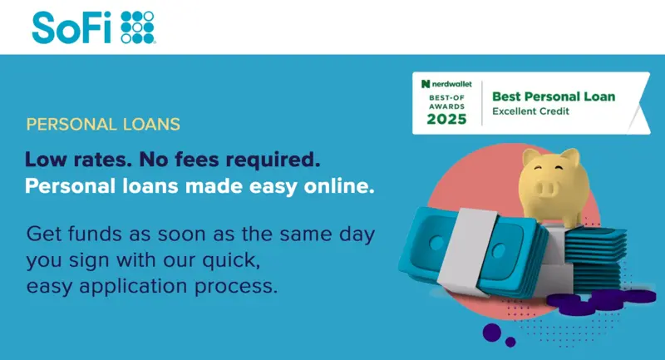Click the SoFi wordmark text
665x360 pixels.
coord(71,27)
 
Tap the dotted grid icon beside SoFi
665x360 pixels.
coord(137,27)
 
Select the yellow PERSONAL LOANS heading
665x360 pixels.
coord(103,124)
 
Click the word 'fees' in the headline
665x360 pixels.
coord(197,160)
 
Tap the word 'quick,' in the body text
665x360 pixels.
coord(231,261)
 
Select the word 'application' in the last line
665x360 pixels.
coord(133,287)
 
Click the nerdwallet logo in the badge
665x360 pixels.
coord(446,84)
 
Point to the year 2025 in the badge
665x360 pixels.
coord(446,119)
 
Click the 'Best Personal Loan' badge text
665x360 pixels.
coord(554,96)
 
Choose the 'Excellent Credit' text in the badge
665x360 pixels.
coord(530,111)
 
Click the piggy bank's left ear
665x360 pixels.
coord(531,157)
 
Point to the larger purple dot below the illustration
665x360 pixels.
coord(492,333)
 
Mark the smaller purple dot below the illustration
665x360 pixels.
coord(510,342)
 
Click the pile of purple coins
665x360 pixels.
coord(601,301)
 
